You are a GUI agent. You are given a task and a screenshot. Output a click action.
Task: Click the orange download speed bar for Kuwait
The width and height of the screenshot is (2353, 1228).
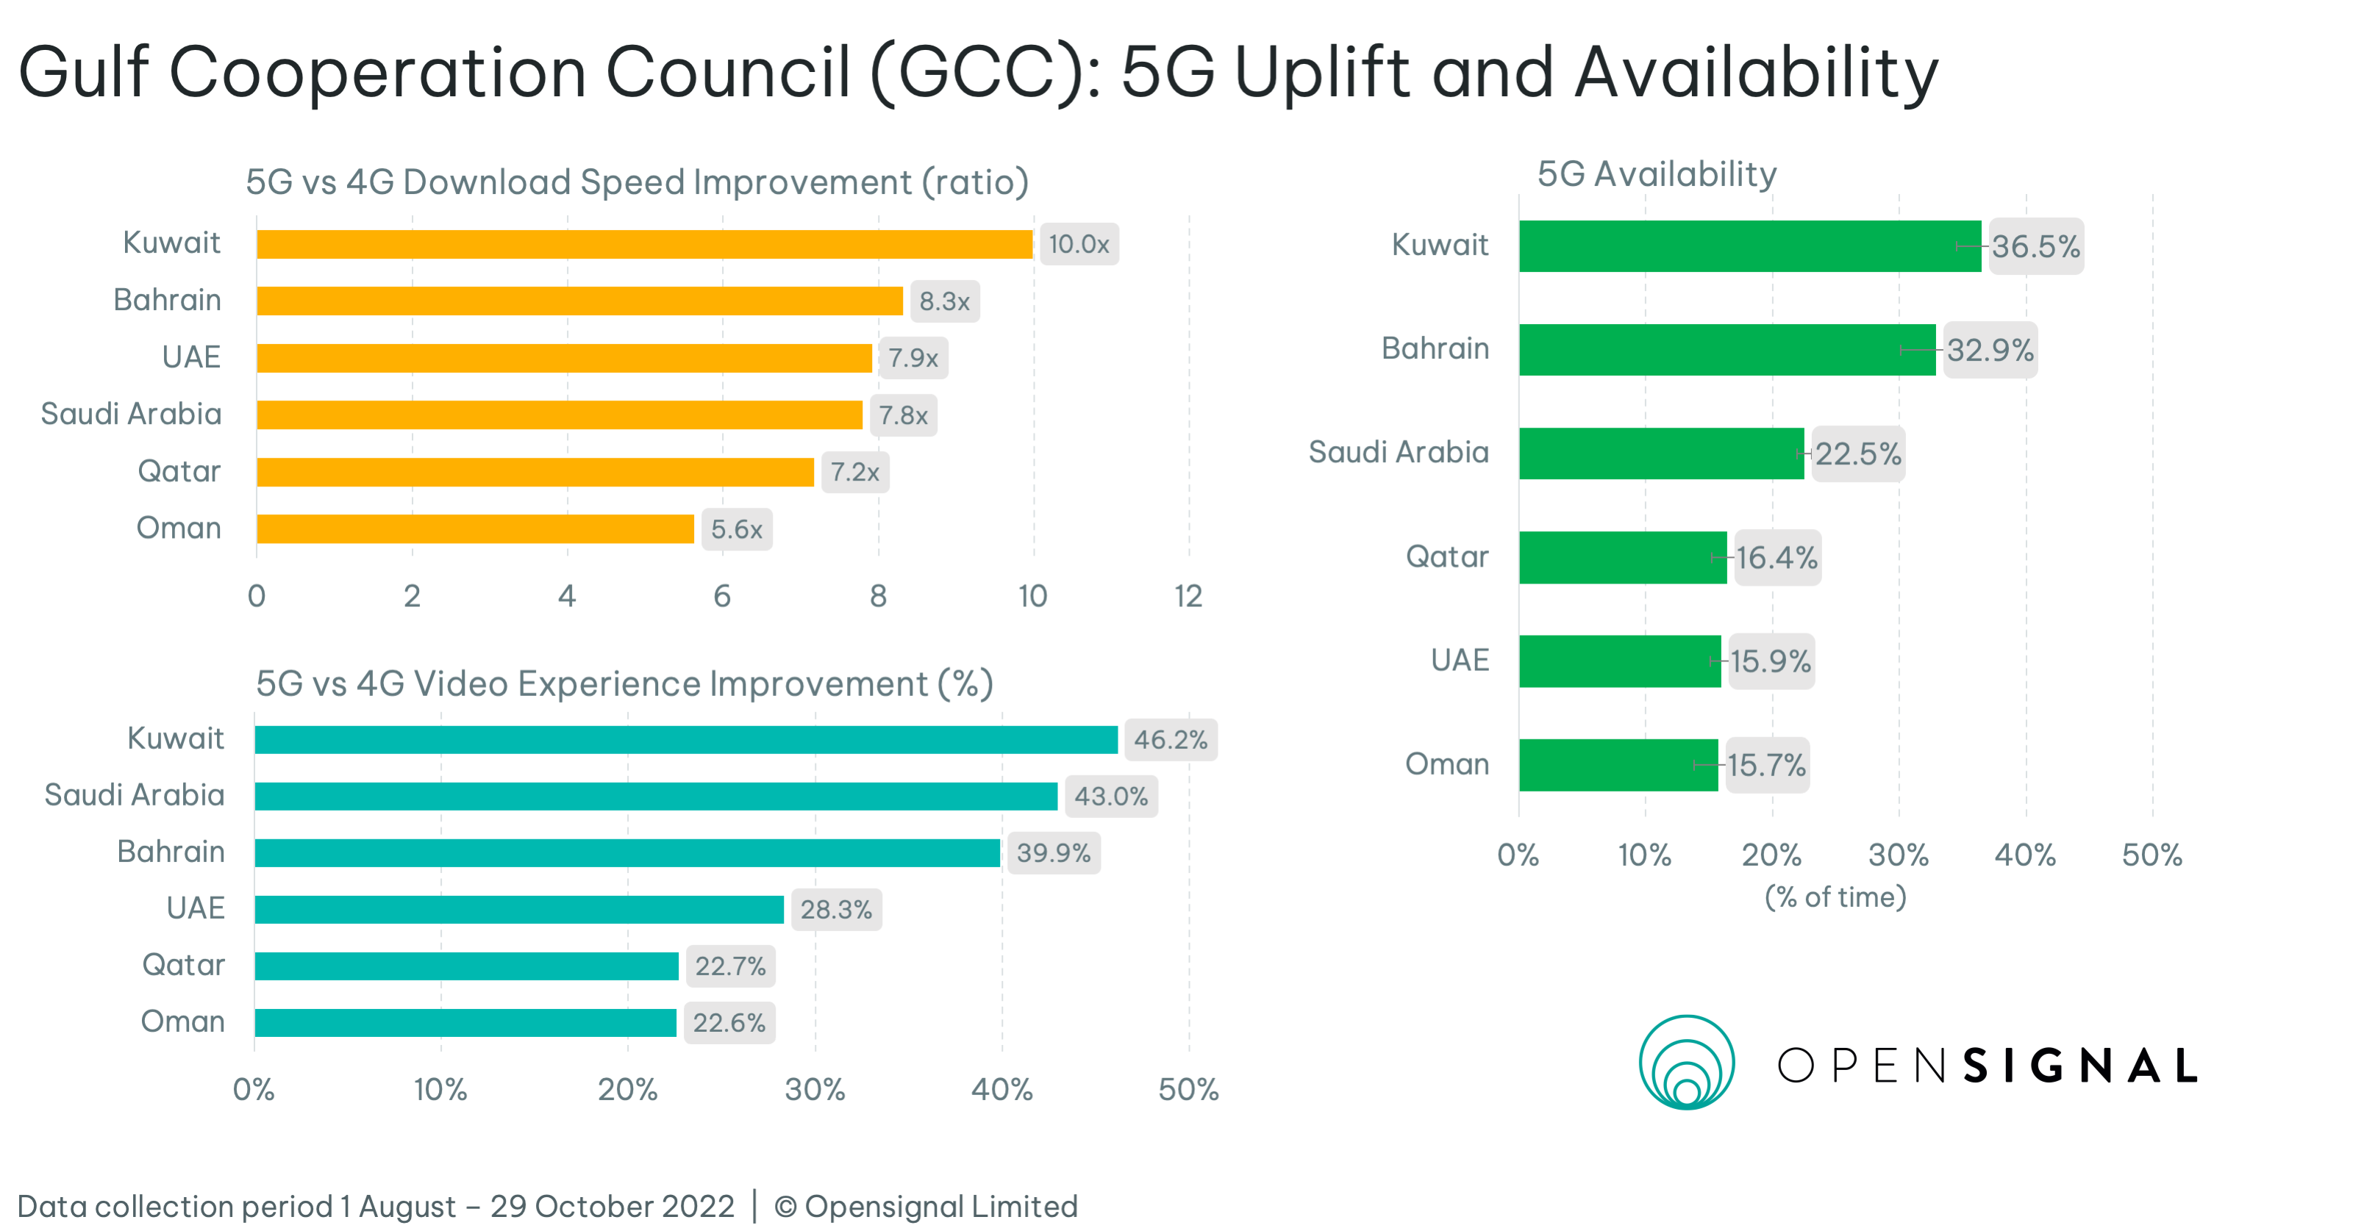pyautogui.click(x=644, y=244)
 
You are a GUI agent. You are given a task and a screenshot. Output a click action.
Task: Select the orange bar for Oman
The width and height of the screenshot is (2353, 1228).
pyautogui.click(x=475, y=528)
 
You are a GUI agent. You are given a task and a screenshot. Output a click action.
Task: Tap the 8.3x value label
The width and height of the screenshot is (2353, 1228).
pyautogui.click(x=943, y=301)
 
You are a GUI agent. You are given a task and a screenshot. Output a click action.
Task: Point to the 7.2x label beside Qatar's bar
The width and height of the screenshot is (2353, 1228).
pyautogui.click(x=854, y=472)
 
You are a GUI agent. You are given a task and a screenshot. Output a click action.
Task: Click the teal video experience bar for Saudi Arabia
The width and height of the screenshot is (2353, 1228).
pyautogui.click(x=656, y=796)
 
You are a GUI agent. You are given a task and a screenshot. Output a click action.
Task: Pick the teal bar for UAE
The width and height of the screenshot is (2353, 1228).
pyautogui.click(x=519, y=909)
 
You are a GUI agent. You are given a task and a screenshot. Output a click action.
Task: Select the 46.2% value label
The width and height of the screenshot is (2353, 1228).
pyautogui.click(x=1170, y=739)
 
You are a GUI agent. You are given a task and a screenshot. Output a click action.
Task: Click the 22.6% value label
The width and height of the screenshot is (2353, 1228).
pyautogui.click(x=729, y=1022)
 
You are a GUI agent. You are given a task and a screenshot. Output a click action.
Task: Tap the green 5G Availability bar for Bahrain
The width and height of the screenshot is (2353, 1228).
pyautogui.click(x=1727, y=350)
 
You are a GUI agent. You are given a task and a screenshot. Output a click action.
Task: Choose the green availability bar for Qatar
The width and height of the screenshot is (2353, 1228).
pyautogui.click(x=1622, y=557)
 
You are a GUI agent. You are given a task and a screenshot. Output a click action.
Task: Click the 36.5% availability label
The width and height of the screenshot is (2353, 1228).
pyautogui.click(x=2035, y=246)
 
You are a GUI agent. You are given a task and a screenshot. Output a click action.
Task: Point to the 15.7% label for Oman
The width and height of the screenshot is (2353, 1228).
pyautogui.click(x=1766, y=765)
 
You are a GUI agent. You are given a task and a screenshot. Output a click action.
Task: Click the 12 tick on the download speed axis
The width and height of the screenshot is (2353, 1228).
pyautogui.click(x=1188, y=596)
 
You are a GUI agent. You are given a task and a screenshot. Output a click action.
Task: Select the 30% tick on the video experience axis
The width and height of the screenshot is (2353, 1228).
pyautogui.click(x=815, y=1089)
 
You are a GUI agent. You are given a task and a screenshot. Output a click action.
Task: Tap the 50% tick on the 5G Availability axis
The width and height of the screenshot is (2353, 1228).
pyautogui.click(x=2151, y=855)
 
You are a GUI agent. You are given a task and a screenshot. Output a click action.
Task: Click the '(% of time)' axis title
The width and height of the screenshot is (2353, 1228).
pyautogui.click(x=1835, y=897)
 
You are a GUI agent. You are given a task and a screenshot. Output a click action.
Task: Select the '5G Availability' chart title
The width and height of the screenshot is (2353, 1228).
pyautogui.click(x=1656, y=173)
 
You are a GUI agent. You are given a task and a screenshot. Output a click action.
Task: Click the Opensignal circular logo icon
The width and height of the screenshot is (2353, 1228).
pyautogui.click(x=1686, y=1063)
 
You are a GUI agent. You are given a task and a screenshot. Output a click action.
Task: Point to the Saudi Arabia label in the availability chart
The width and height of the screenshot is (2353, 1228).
pyautogui.click(x=1398, y=452)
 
